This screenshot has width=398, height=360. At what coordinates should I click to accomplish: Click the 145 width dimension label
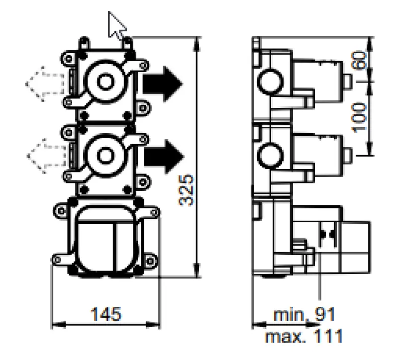105,314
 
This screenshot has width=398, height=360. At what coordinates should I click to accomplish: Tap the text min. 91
304,314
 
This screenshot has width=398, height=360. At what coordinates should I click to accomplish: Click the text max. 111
303,337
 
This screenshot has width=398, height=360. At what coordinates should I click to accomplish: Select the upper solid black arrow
162,81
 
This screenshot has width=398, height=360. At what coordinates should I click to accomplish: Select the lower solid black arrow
162,154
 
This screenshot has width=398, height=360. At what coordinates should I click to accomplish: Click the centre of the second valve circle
105,154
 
